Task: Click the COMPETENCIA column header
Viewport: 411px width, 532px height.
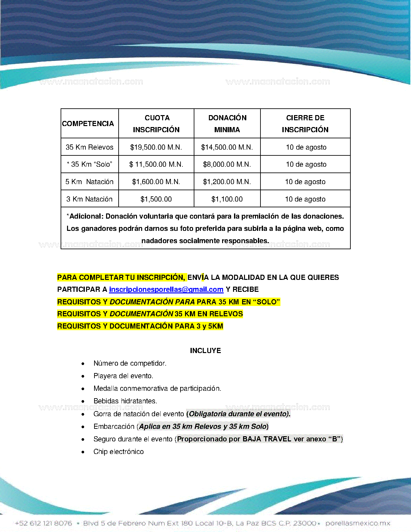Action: pyautogui.click(x=88, y=123)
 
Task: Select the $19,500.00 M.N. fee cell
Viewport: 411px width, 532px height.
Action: pyautogui.click(x=156, y=147)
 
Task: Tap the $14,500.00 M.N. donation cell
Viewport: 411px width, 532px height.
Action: pyautogui.click(x=227, y=147)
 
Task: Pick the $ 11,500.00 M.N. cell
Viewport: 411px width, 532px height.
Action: pyautogui.click(x=156, y=164)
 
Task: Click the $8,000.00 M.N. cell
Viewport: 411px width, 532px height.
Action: pyautogui.click(x=227, y=164)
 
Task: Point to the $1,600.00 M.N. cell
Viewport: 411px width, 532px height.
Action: pyautogui.click(x=156, y=182)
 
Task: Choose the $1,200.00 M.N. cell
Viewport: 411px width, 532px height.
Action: pyautogui.click(x=227, y=182)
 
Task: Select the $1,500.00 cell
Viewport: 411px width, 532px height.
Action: pyautogui.click(x=156, y=199)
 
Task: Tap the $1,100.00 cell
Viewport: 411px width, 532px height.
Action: pyautogui.click(x=227, y=199)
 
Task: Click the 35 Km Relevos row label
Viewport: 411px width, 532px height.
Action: pyautogui.click(x=90, y=147)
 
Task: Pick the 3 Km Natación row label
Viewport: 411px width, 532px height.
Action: pyautogui.click(x=90, y=199)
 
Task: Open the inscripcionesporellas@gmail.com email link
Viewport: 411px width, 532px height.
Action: pyautogui.click(x=166, y=290)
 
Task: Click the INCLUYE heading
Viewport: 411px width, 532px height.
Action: pyautogui.click(x=205, y=351)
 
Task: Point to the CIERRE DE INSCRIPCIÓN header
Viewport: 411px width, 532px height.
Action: pyautogui.click(x=305, y=123)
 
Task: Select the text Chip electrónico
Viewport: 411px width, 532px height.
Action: pyautogui.click(x=119, y=452)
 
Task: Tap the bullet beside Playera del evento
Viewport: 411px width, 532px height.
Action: pyautogui.click(x=83, y=376)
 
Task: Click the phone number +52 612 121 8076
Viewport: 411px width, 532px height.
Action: pyautogui.click(x=44, y=523)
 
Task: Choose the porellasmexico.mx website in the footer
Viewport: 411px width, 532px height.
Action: pyautogui.click(x=358, y=523)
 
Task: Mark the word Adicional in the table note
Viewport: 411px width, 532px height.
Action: pyautogui.click(x=86, y=216)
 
